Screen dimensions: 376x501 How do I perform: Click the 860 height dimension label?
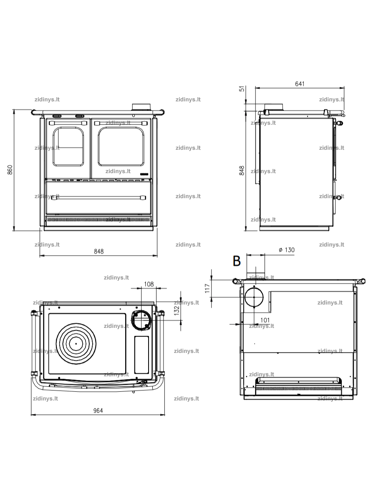click(x=10, y=170)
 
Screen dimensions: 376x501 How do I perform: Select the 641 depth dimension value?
click(x=300, y=84)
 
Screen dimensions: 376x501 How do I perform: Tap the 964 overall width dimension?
click(x=98, y=410)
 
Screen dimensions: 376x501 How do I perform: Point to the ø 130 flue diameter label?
click(x=287, y=250)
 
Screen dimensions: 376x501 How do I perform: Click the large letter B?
click(x=237, y=261)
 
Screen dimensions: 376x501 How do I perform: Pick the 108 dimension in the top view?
click(x=149, y=284)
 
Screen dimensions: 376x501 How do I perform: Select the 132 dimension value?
click(x=177, y=311)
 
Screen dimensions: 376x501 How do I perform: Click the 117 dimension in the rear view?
click(x=207, y=289)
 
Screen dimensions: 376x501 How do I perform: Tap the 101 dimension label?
click(x=265, y=320)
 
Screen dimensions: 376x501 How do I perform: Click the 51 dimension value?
click(x=242, y=88)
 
